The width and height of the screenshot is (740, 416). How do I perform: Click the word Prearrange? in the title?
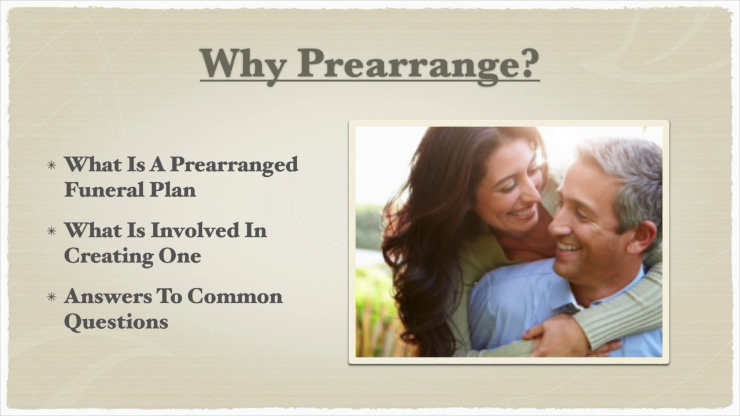click(x=419, y=63)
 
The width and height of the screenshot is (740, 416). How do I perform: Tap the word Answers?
click(x=108, y=296)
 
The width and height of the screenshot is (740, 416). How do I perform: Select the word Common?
click(x=235, y=296)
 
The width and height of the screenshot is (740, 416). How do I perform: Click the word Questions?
click(x=116, y=322)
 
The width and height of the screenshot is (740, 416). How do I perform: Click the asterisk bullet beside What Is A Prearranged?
click(x=52, y=166)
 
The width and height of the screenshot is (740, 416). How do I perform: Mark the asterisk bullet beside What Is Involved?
click(x=52, y=232)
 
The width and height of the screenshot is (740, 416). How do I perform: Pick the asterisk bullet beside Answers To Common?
click(x=52, y=298)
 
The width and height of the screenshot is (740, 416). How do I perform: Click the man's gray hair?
click(x=630, y=168)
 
